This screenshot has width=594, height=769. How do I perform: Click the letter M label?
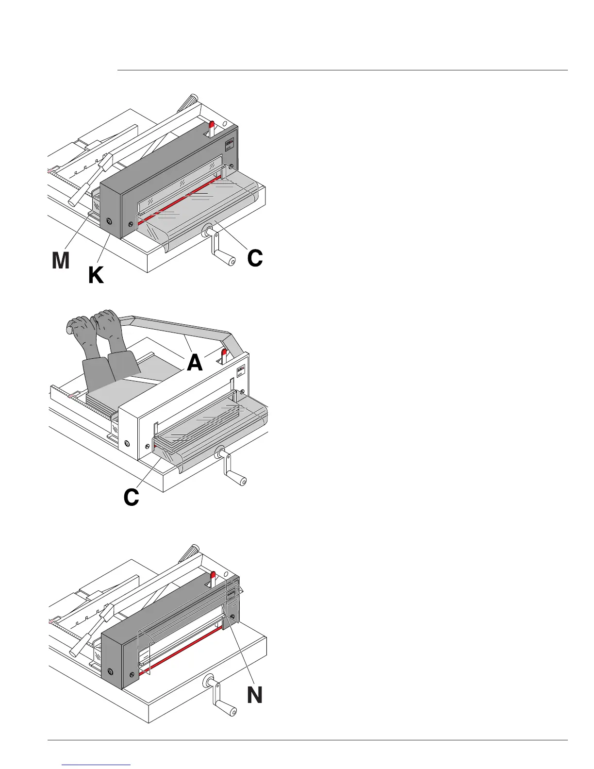[x=61, y=261]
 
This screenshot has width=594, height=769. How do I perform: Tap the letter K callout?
[x=96, y=276]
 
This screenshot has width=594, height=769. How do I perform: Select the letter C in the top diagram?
[x=255, y=258]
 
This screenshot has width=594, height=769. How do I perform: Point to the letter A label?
[x=194, y=362]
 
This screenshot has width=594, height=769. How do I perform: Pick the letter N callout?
[x=254, y=695]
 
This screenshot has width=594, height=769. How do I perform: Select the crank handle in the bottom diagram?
[x=224, y=702]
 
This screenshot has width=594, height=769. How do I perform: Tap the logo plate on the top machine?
[x=231, y=145]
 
